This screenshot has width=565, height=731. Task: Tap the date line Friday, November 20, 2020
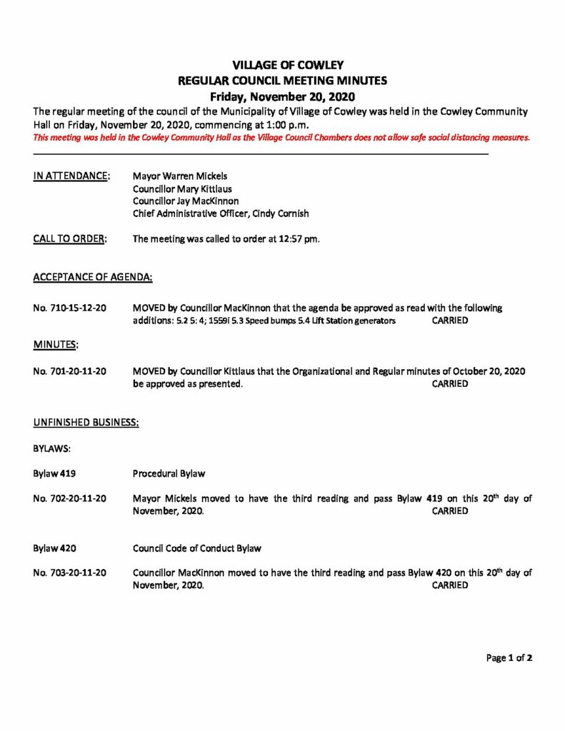(282, 96)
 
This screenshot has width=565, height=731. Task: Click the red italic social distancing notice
(281, 138)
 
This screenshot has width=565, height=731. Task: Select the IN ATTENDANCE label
(71, 175)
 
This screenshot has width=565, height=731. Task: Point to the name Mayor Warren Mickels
(181, 175)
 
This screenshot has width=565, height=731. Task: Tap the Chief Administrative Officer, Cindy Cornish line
(221, 213)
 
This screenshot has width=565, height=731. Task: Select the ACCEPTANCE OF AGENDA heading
(93, 276)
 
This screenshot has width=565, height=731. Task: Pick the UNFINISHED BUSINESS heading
(86, 423)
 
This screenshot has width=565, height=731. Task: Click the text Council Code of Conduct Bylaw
(197, 548)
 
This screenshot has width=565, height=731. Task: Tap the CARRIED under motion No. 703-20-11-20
(450, 585)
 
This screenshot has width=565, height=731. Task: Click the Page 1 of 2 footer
(509, 657)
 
